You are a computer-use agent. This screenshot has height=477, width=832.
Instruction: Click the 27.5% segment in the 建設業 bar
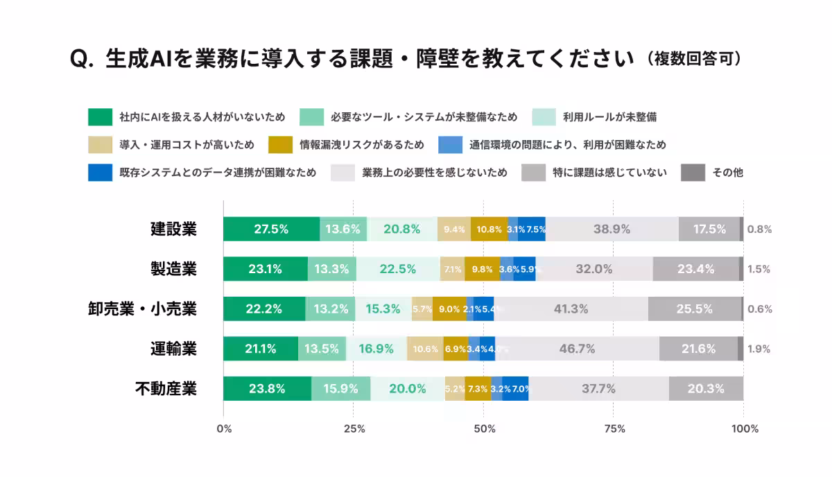271,229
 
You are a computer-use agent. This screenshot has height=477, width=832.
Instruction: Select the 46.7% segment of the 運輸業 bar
577,349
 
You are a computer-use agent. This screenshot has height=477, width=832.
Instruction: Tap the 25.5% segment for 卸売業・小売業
695,309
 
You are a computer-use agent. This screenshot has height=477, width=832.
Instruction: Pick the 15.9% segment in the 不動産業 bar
340,389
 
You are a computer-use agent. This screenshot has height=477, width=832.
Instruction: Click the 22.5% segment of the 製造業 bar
398,269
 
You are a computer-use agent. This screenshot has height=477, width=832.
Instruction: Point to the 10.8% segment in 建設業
489,229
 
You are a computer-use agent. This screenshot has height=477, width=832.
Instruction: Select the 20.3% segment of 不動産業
706,389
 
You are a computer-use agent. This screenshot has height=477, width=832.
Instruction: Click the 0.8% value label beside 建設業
759,229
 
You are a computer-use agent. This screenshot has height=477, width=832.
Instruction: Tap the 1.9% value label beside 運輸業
759,349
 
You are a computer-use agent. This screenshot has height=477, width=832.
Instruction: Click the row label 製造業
173,269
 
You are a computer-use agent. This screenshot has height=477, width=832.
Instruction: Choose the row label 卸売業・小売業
142,309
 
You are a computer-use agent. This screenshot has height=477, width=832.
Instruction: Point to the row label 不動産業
166,389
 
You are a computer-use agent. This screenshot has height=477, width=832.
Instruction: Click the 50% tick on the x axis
484,429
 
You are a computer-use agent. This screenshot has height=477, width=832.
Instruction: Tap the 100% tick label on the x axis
745,429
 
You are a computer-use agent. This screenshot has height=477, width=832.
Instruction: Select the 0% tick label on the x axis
224,429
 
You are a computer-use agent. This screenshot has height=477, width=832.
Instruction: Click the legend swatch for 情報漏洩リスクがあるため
280,145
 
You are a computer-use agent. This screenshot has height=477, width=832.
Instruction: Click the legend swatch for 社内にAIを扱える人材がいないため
100,117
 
